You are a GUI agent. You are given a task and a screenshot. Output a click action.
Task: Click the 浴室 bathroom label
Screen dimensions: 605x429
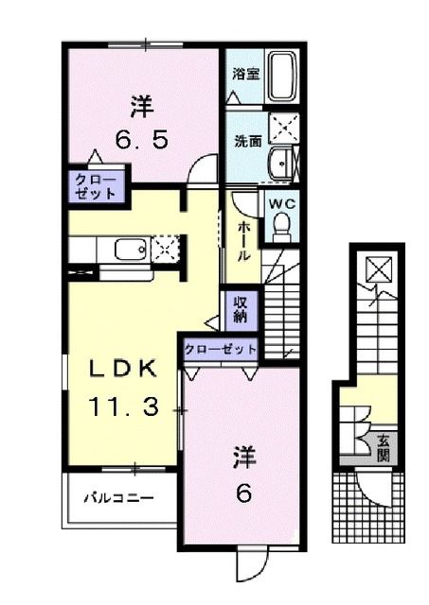tap(246, 74)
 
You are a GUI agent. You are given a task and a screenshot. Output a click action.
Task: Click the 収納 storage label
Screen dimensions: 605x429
tap(241, 307)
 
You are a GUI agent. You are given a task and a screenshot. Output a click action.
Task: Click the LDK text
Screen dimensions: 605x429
tap(122, 370)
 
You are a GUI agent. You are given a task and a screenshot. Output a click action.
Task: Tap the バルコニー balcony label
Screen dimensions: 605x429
tap(116, 496)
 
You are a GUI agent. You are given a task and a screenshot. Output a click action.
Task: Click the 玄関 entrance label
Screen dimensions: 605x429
tap(384, 444)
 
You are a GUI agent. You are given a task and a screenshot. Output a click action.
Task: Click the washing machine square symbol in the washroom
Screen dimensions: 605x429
tap(283, 127)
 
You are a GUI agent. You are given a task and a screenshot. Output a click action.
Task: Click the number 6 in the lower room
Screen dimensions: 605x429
tap(242, 493)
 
